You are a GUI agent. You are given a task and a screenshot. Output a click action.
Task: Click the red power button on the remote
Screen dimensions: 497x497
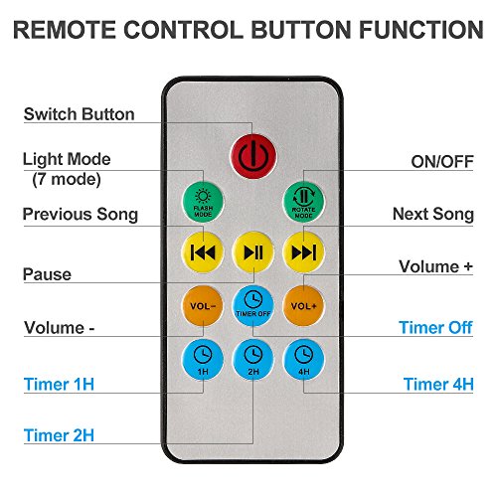click(253, 156)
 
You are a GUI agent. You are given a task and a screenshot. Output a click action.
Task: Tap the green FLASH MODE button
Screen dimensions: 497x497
click(203, 202)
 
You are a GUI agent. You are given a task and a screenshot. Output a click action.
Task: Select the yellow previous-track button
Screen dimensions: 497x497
click(203, 252)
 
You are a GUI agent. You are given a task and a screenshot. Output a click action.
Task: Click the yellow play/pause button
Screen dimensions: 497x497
click(253, 252)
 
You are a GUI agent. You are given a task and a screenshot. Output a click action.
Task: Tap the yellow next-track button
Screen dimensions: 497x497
click(304, 252)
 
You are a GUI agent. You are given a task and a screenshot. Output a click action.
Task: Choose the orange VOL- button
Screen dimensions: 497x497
click(203, 305)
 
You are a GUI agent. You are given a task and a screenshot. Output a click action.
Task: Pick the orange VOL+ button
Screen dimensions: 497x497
click(304, 305)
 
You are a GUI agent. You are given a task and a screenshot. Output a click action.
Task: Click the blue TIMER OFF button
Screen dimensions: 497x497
click(253, 305)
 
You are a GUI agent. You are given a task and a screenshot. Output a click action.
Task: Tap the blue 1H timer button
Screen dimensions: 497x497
click(203, 359)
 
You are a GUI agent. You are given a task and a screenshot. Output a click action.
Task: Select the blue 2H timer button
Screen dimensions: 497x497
click(253, 359)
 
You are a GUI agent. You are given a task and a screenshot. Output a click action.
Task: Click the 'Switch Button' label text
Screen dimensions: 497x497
click(80, 114)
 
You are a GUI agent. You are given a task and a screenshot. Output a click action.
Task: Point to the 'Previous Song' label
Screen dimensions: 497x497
click(81, 215)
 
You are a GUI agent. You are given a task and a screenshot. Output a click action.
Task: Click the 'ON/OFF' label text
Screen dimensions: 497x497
click(442, 162)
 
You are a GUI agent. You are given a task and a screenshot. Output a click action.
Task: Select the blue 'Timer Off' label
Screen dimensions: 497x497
click(435, 327)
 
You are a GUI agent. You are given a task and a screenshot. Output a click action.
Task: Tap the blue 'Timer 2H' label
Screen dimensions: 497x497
click(59, 435)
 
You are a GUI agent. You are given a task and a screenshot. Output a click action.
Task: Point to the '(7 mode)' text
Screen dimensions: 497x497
click(67, 180)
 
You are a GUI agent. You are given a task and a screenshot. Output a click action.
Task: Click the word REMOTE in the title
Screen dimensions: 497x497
click(65, 30)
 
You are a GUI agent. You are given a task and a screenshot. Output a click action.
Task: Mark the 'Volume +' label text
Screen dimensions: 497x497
click(435, 266)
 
